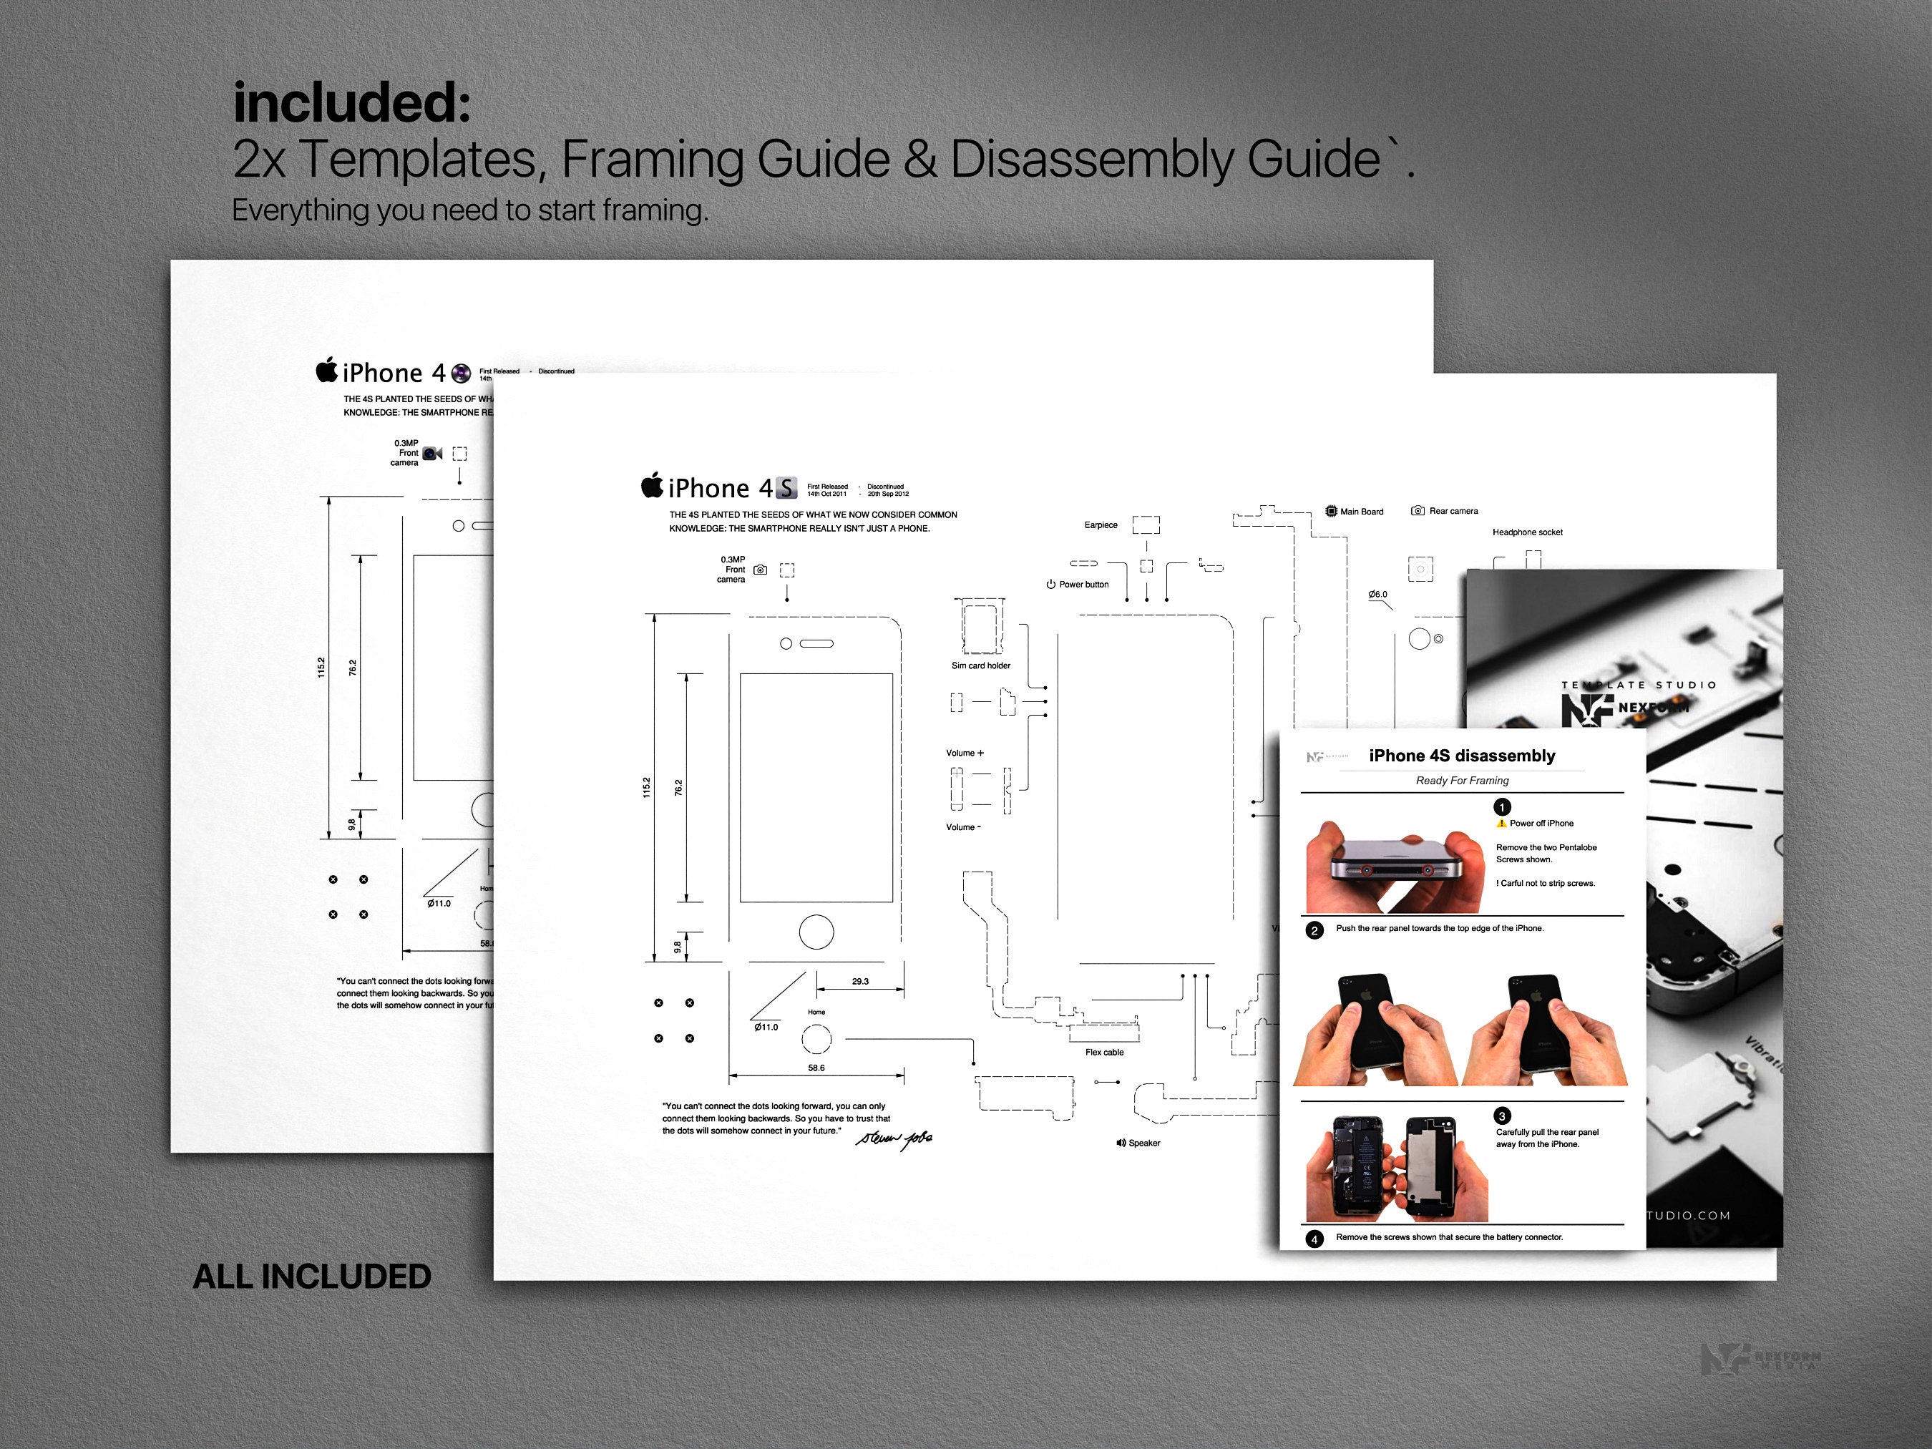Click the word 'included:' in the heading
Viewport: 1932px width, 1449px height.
click(352, 103)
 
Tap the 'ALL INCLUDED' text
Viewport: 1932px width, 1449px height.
click(312, 1276)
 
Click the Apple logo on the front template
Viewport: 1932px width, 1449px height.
click(652, 486)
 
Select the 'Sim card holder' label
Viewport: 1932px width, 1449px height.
click(980, 665)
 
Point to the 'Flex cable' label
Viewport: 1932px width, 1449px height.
click(1104, 1053)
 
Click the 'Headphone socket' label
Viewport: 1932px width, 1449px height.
click(1527, 532)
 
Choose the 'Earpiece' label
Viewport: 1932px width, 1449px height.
click(1101, 525)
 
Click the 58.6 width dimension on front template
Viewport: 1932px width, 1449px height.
click(816, 1068)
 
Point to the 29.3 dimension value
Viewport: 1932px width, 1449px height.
click(860, 982)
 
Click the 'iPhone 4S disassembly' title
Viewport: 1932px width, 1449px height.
click(1461, 756)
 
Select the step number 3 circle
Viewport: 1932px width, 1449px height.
click(1502, 1116)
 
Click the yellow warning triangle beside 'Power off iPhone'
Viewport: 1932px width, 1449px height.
click(1501, 824)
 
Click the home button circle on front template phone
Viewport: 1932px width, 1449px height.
click(816, 931)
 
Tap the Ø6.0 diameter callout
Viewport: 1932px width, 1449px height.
click(1377, 595)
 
